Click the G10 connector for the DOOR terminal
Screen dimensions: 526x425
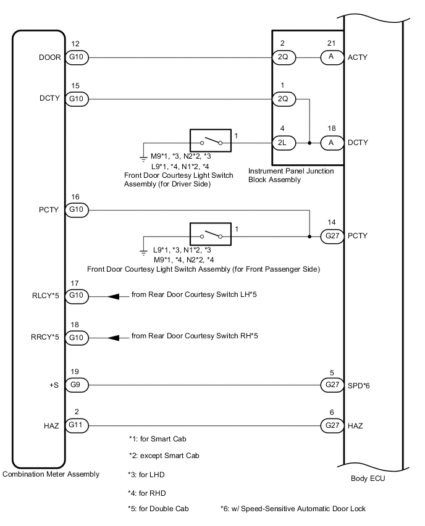[x=78, y=57]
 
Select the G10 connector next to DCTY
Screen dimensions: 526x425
[x=78, y=98]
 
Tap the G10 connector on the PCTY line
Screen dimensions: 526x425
[x=78, y=210]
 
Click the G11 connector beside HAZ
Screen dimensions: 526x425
[x=78, y=426]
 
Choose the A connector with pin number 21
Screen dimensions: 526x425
[x=331, y=57]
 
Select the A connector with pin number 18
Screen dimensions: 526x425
[x=331, y=143]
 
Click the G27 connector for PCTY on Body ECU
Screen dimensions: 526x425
[x=331, y=236]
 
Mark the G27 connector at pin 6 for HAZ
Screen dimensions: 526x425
[x=331, y=426]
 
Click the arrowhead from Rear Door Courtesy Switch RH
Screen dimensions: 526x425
[x=114, y=338]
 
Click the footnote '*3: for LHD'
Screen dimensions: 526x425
[x=147, y=475]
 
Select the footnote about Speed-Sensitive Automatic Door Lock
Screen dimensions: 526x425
[x=293, y=509]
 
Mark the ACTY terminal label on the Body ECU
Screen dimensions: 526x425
[x=359, y=57]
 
